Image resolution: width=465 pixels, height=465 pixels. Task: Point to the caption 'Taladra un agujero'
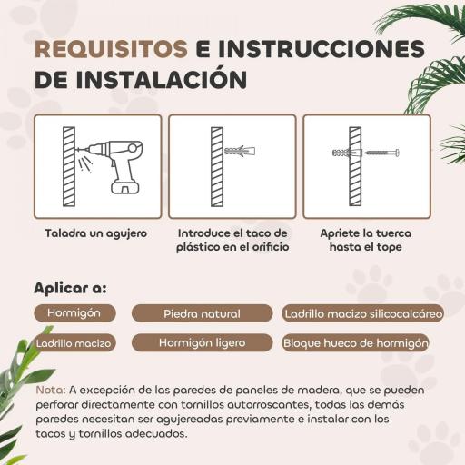coord(96,233)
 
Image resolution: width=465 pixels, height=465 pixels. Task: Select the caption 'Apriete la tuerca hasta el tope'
coord(366,240)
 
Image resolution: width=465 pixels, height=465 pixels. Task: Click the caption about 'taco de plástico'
coord(232,240)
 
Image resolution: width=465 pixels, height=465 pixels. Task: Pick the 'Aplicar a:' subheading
coord(70,288)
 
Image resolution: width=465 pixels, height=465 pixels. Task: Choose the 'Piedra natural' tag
coord(202,314)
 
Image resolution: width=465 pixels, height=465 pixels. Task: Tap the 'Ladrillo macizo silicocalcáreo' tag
coord(362,314)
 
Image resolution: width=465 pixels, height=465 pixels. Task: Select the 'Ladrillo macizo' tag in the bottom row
coord(74,343)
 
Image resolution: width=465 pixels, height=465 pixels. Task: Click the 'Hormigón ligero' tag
coord(201,343)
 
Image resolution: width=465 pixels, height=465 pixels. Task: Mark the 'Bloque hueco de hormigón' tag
coord(354,344)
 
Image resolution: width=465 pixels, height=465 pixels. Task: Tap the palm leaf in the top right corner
coord(427,45)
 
